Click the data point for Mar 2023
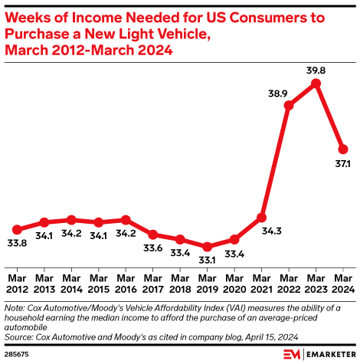coord(316,84)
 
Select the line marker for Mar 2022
coord(289,105)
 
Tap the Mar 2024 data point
coord(343,149)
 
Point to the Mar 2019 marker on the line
coord(207,247)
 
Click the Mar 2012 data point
coord(17,230)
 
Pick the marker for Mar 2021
coord(262,218)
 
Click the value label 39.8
coord(316,71)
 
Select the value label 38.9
coord(278,93)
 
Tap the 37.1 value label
coord(342,163)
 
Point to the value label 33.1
coord(207,260)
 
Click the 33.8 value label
coord(17,243)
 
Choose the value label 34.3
coord(272,231)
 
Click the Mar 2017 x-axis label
coord(153,284)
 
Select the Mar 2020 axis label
coord(234,284)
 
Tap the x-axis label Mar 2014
coord(71,284)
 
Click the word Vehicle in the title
coord(183,34)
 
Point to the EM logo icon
coord(292,354)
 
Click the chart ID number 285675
coord(17,355)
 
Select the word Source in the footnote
coord(19,337)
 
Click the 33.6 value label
coord(153,248)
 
